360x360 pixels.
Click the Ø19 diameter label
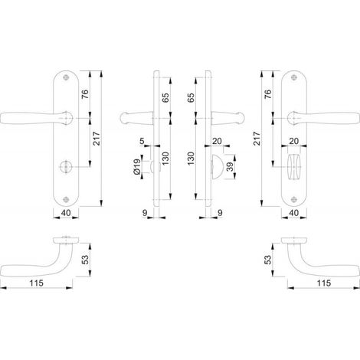pos(136,167)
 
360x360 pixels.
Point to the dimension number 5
pos(142,141)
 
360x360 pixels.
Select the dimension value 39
pos(231,167)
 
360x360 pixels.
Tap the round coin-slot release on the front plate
pos(66,167)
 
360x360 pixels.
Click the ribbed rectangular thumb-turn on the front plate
pos(294,167)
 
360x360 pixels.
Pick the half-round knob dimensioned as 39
pos(218,167)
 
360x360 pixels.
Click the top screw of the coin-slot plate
pos(67,77)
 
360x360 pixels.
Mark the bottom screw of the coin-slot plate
pos(66,200)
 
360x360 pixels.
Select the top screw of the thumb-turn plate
pos(294,77)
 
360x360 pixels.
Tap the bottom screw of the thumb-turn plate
pos(294,200)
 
